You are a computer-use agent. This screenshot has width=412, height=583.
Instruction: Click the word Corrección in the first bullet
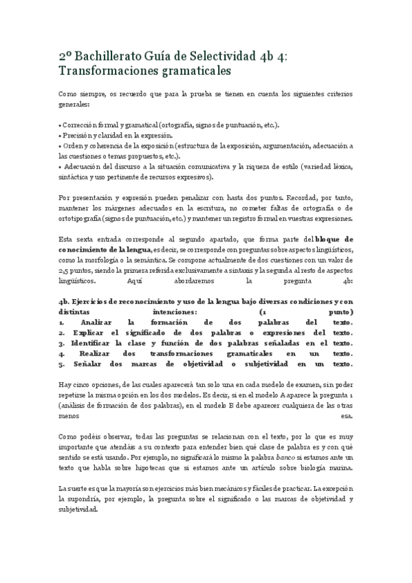tap(80, 126)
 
